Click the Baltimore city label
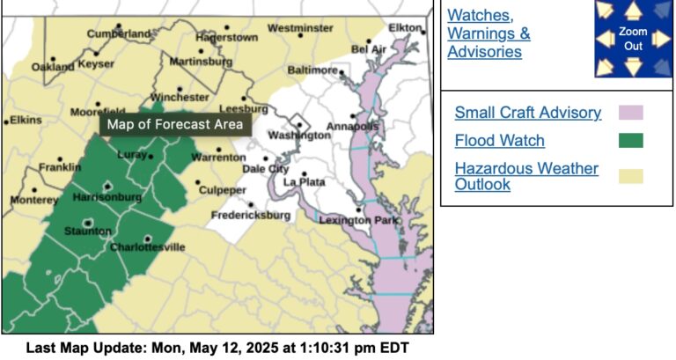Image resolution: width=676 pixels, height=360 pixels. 312,70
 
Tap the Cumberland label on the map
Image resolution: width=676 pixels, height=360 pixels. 119,33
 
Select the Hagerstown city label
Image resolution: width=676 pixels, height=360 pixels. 226,38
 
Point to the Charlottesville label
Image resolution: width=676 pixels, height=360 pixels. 147,247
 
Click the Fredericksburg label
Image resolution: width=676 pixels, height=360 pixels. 250,216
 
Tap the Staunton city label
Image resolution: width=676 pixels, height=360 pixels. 87,231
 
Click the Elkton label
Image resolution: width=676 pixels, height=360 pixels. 405,28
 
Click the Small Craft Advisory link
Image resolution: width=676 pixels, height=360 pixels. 527,113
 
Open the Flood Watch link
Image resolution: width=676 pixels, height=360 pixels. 499,140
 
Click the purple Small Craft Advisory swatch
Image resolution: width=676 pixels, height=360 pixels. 630,113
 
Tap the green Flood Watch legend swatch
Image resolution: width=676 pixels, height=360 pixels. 630,140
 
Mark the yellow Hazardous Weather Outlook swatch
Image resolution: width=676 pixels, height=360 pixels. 630,176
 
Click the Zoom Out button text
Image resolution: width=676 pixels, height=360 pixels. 633,39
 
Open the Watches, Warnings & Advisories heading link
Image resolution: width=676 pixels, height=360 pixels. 489,33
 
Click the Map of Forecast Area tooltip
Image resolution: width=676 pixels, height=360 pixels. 174,124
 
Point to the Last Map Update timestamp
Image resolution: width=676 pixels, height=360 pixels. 217,348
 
